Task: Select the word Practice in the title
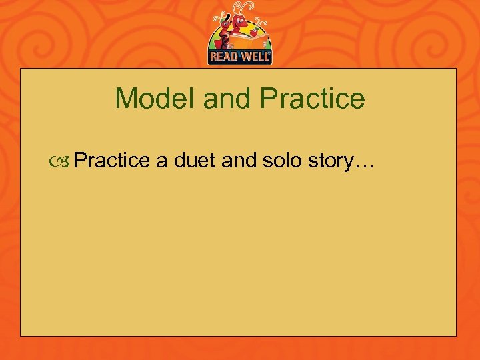point(313,99)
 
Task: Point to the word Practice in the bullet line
point(112,160)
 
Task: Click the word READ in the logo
point(223,57)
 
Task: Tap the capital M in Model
point(123,99)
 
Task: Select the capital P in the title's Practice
point(269,99)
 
